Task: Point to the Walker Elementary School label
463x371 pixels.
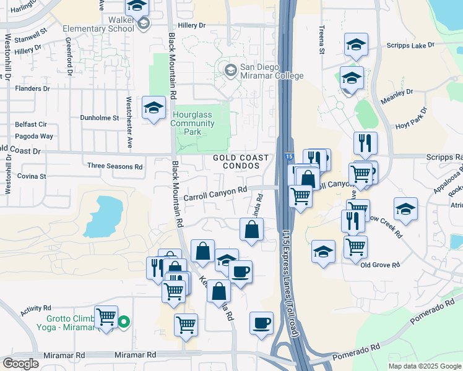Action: [99, 24]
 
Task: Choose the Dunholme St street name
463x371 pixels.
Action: [99, 117]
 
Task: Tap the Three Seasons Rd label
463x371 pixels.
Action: [115, 166]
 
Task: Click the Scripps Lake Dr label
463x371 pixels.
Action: [410, 46]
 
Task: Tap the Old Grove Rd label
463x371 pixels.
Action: [380, 265]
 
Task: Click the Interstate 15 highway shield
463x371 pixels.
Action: [289, 158]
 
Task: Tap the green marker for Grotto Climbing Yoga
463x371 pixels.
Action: [124, 321]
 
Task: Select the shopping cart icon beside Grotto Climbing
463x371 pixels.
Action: [106, 317]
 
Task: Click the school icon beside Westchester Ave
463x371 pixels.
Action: [154, 108]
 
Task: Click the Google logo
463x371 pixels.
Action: [21, 364]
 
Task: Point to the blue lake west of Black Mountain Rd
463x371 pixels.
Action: [102, 216]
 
